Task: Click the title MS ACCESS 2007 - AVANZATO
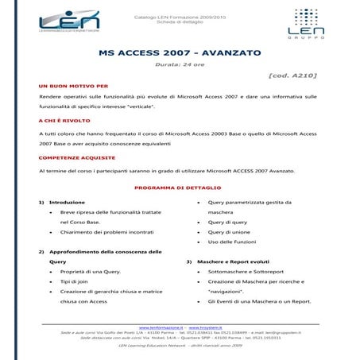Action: (x=179, y=52)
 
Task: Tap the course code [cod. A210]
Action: (x=294, y=75)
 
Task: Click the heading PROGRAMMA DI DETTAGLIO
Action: (x=180, y=188)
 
